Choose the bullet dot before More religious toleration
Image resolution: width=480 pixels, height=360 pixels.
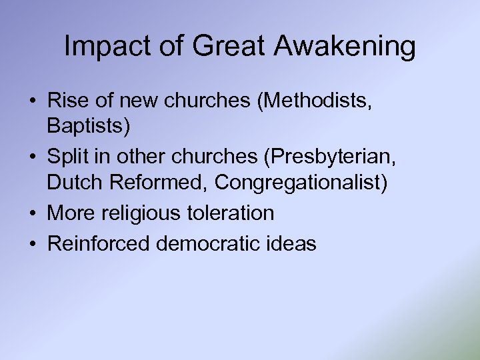(33, 213)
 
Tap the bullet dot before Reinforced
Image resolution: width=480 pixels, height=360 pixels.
(33, 245)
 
